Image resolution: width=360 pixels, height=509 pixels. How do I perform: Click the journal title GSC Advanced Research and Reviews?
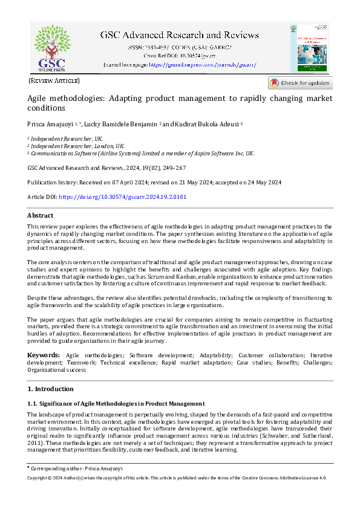(180, 34)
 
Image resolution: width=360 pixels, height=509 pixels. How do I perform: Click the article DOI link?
(114, 197)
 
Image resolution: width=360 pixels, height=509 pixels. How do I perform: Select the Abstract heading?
(41, 216)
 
